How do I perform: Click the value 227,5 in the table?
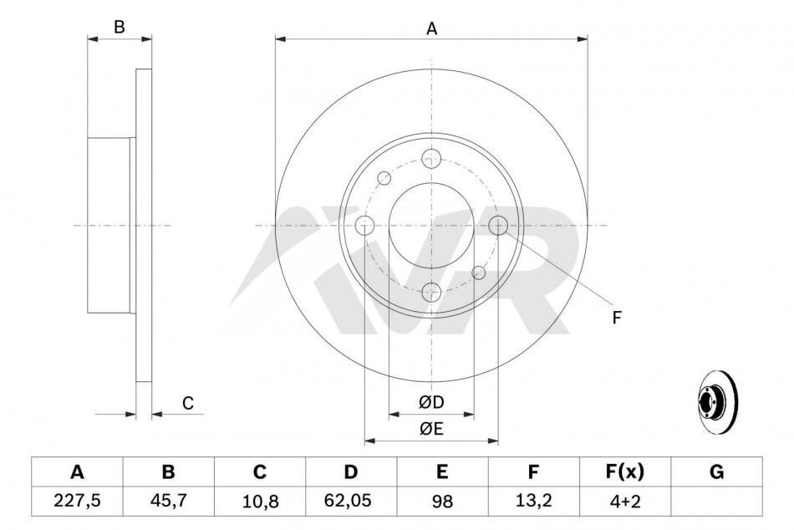(x=77, y=501)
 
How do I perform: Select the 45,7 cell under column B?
(x=168, y=501)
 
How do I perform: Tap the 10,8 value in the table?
(x=260, y=501)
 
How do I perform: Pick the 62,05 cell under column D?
(x=350, y=501)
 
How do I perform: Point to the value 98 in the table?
(x=442, y=501)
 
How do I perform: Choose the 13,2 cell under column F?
(x=533, y=501)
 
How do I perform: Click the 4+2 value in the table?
(x=625, y=501)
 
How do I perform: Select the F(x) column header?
(x=625, y=472)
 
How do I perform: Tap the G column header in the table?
(x=716, y=472)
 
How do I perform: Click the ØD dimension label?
(x=431, y=402)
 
